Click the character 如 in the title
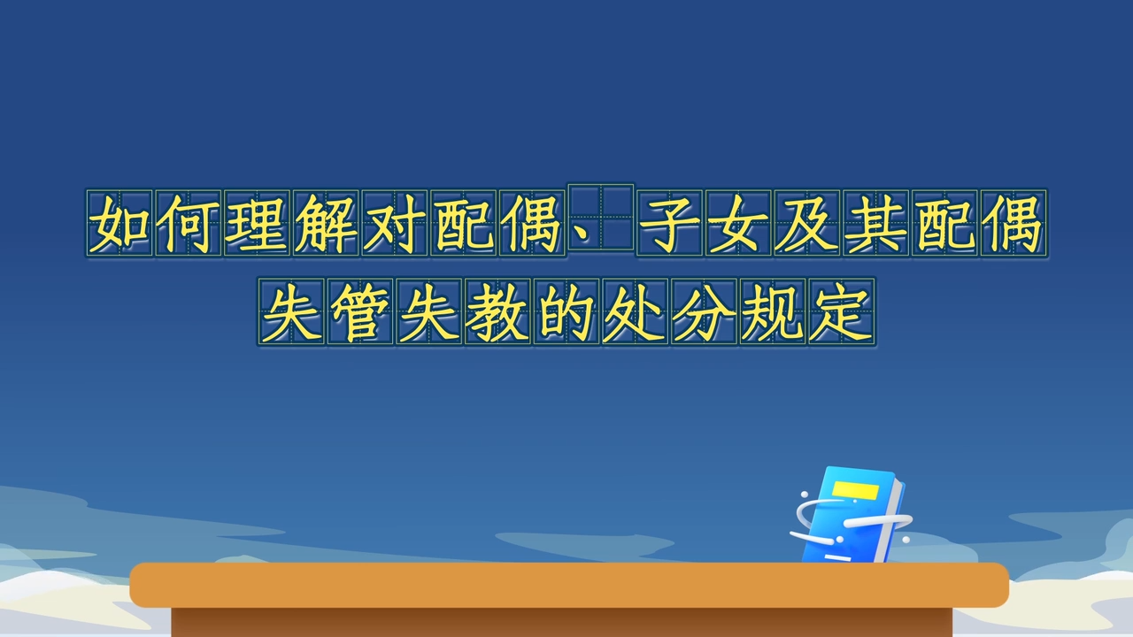click(x=119, y=224)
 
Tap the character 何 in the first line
click(x=189, y=224)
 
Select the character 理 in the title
click(x=257, y=224)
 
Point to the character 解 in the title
click(x=326, y=224)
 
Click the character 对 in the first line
click(x=395, y=224)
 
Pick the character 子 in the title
click(x=670, y=224)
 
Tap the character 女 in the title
click(x=738, y=224)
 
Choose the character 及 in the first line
click(x=807, y=224)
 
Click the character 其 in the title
click(x=876, y=224)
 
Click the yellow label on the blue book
click(x=855, y=490)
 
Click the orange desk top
click(x=569, y=585)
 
